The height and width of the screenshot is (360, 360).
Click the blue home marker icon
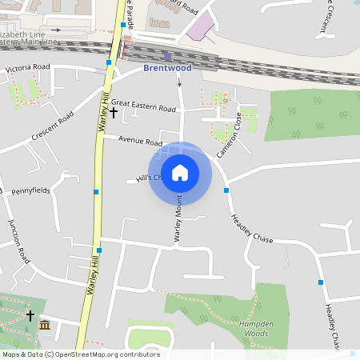(179, 173)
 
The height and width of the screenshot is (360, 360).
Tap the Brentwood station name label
(168, 69)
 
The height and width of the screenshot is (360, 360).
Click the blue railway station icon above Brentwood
(167, 56)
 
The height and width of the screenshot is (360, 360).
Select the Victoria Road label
(28, 69)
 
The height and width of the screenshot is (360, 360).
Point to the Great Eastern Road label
(143, 107)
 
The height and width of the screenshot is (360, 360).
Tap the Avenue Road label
(140, 140)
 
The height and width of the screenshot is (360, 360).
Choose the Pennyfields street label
(30, 192)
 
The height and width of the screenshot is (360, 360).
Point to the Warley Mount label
(178, 220)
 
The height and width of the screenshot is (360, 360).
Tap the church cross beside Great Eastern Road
(114, 113)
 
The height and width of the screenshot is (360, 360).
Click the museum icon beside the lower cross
(45, 325)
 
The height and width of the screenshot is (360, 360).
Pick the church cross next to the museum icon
(30, 316)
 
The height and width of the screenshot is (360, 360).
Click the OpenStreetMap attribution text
(80, 354)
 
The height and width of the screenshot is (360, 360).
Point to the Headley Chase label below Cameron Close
(252, 229)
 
